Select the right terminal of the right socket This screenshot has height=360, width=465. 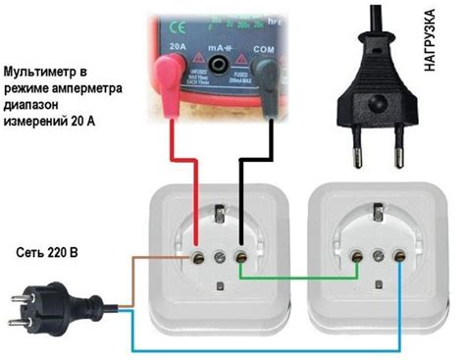399,257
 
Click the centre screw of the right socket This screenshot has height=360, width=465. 377,257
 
